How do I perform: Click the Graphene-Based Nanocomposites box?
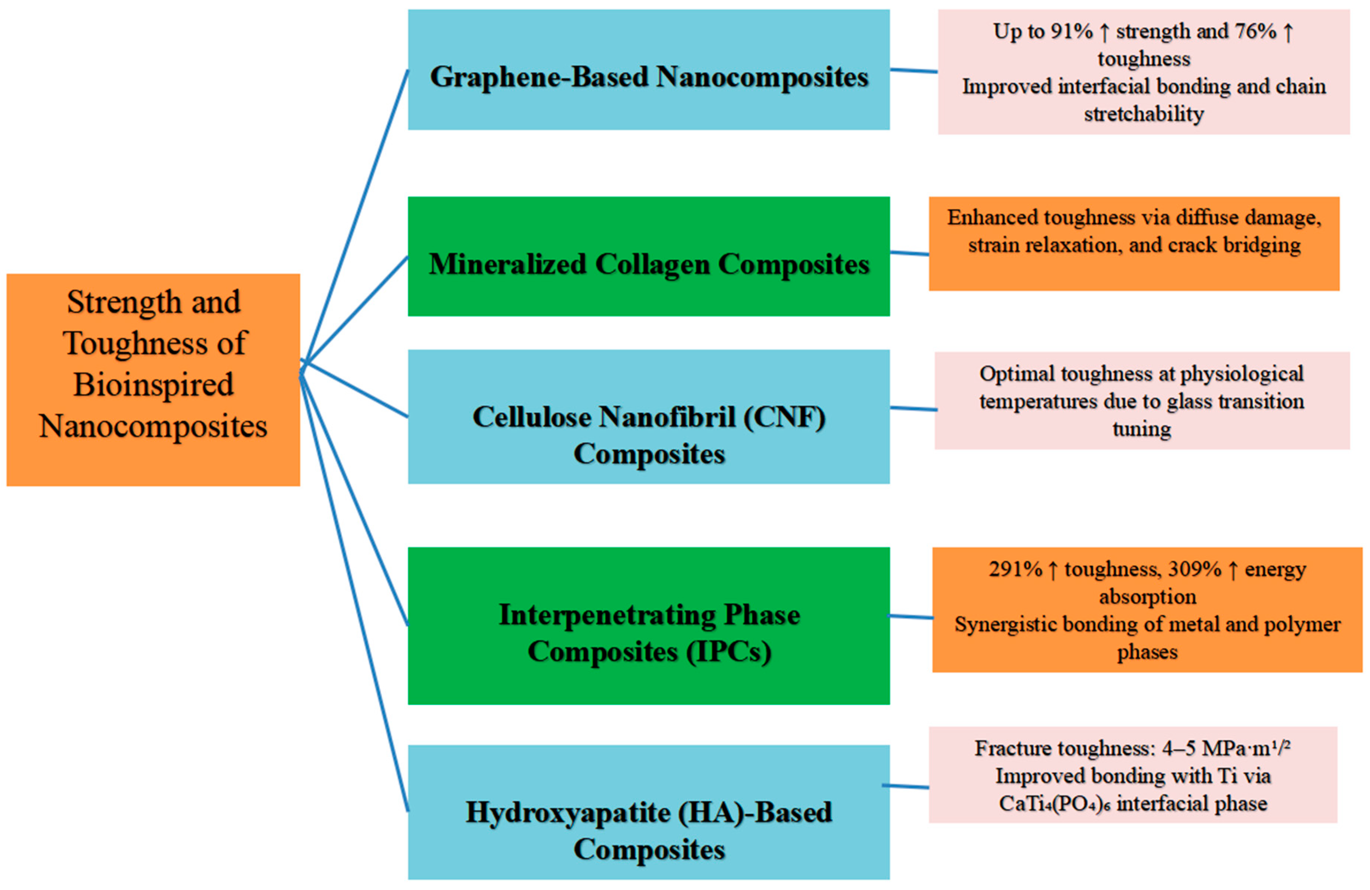point(649,70)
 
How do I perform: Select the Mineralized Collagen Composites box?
point(649,256)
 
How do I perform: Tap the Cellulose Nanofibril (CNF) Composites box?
point(649,416)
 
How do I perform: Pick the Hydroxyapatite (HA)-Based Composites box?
point(649,812)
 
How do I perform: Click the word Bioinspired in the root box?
point(153,384)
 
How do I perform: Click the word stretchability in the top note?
point(1144,114)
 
